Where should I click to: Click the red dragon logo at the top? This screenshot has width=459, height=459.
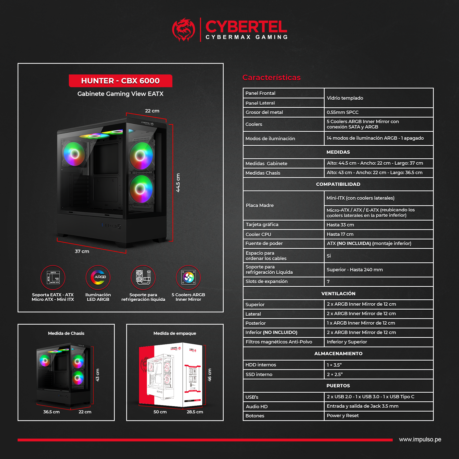coord(183,30)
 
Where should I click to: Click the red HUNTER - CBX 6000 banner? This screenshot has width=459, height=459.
coord(120,81)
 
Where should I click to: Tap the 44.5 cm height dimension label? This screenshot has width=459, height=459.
coord(178,183)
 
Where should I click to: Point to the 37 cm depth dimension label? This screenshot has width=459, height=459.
coord(82,251)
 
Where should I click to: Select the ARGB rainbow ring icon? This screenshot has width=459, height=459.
coord(98,277)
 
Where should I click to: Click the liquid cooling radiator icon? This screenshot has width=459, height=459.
coord(143,277)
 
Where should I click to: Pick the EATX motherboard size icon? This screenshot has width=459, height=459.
coord(53,277)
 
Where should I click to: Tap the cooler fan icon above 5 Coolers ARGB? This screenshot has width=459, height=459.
coord(188,277)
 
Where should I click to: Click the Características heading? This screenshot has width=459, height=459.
coord(272,78)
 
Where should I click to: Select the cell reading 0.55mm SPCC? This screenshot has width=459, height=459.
coord(342,112)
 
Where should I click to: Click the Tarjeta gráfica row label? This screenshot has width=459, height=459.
coord(262,225)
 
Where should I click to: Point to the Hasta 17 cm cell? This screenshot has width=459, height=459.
coord(340,234)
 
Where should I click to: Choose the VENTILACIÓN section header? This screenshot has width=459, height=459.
coord(338,294)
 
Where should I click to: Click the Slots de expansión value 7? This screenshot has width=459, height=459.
coord(328,282)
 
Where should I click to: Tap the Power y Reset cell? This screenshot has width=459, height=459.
coord(342,416)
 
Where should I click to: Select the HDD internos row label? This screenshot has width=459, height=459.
coord(261,365)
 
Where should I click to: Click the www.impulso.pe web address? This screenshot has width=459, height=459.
coord(420,440)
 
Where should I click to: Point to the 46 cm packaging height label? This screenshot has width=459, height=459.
coord(210,375)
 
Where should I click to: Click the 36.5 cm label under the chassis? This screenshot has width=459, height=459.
coord(51,412)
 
